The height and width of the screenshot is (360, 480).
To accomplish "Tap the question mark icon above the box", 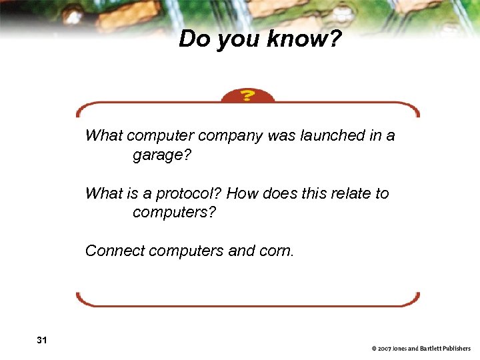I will click(x=247, y=96).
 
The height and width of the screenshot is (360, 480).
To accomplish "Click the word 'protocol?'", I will click(x=189, y=194).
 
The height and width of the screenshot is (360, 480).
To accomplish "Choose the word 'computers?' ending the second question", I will click(x=175, y=213).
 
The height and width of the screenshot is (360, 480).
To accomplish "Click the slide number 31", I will click(x=42, y=341).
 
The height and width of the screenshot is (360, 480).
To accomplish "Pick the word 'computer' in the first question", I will click(x=157, y=137).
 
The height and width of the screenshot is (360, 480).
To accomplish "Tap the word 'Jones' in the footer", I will click(x=403, y=349).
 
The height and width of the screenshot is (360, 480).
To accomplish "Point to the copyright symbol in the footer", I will click(x=375, y=349).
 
